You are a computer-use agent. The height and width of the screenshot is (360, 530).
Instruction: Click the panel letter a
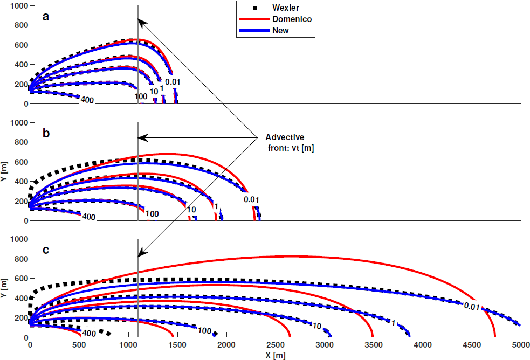pyautogui.click(x=46, y=17)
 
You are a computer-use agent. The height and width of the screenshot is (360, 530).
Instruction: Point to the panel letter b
pyautogui.click(x=46, y=133)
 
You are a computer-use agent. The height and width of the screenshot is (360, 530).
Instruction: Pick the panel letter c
pyautogui.click(x=46, y=250)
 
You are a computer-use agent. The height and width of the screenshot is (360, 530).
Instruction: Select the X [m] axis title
pyautogui.click(x=272, y=355)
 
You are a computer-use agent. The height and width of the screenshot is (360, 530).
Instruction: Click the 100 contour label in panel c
pyautogui.click(x=204, y=330)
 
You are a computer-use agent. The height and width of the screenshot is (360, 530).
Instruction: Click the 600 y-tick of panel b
pyautogui.click(x=18, y=162)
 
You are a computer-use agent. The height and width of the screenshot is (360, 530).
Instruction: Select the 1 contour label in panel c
pyautogui.click(x=394, y=323)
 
